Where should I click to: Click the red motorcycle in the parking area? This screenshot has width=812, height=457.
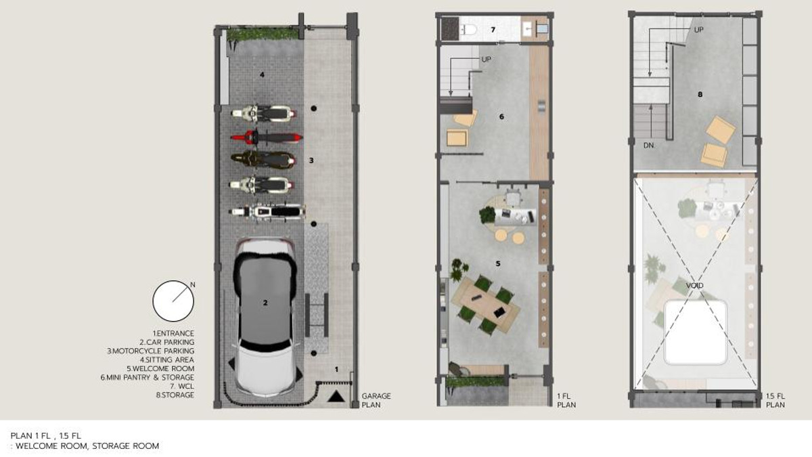pos(267,138)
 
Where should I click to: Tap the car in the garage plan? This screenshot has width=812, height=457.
pos(265,316)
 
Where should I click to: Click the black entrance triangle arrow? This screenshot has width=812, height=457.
pos(336,396)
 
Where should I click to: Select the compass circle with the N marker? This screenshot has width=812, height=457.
pos(173,301)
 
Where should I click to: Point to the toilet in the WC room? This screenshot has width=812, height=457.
pos(469,30)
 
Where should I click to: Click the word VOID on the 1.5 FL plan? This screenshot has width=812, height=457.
pos(694,286)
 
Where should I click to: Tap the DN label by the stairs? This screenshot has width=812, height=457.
pos(649,146)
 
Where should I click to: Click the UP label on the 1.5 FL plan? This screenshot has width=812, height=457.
pos(698,30)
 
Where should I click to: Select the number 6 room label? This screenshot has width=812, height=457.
pos(501,116)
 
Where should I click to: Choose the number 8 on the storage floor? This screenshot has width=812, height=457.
pos(700,94)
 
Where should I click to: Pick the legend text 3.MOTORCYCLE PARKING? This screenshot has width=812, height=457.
pos(150,351)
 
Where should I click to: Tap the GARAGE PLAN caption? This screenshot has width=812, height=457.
pos(376,400)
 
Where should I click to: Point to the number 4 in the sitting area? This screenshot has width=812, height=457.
pos(262,75)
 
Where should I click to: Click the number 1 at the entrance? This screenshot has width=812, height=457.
pos(336,369)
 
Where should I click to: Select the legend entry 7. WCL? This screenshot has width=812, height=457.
pos(181,387)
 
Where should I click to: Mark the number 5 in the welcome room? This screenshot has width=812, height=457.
pos(498,263)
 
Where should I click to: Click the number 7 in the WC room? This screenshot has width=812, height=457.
pos(493,30)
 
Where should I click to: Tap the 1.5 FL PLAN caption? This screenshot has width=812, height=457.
pos(775,400)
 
